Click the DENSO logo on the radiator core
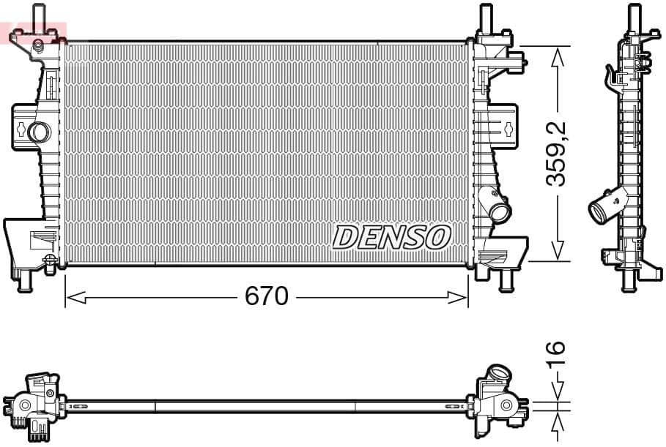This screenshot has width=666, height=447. click(391, 236)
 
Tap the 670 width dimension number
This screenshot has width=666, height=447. click(266, 296)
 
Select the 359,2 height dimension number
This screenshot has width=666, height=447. click(558, 154)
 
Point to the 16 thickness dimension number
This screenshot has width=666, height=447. click(556, 356)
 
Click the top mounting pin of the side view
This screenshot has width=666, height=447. click(634, 15)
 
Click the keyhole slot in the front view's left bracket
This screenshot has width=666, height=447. click(21, 130)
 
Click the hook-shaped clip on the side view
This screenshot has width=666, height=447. click(610, 75)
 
